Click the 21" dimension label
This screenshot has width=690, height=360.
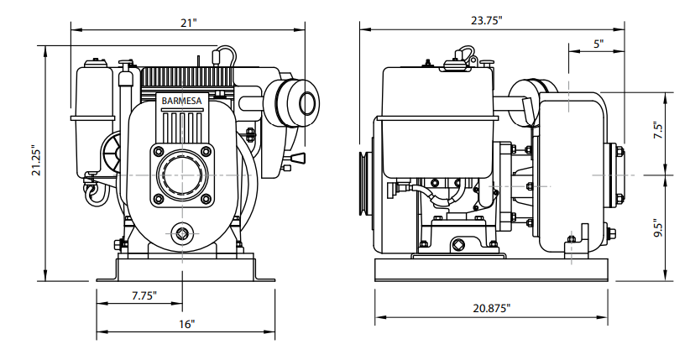point(188,23)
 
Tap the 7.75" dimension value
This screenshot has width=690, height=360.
point(144,295)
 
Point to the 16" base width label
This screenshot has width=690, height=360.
point(186,325)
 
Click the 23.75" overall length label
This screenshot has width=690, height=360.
point(487,20)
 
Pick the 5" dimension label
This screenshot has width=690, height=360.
point(599,44)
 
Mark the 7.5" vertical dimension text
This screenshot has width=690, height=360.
point(658,130)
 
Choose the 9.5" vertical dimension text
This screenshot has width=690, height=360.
point(658,227)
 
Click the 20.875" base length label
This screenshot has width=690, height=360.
point(492,308)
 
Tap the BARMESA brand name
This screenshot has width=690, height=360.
point(181,101)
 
